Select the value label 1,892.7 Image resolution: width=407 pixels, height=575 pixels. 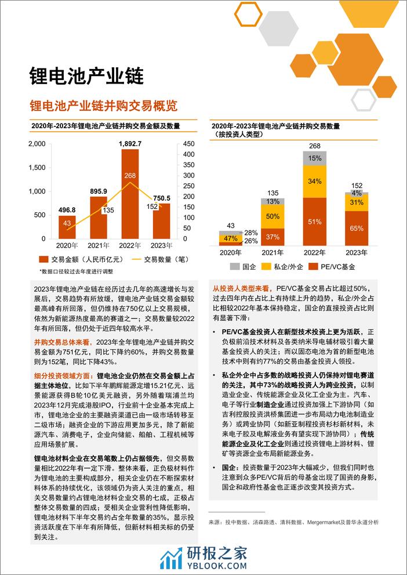point(129,143)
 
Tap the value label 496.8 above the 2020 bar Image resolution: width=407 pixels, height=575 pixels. point(67,210)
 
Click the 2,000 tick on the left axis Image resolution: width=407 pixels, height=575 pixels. point(37,143)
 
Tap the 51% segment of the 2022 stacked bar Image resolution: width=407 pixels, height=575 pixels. point(315,222)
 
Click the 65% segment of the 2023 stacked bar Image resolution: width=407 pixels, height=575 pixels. point(357,229)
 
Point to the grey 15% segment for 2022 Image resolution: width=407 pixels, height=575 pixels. point(315,158)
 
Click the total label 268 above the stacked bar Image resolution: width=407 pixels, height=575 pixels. point(315,146)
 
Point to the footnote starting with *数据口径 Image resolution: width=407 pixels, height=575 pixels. point(76,271)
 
